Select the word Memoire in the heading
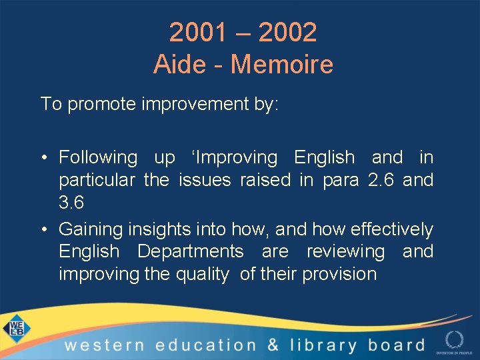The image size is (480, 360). [x=281, y=65]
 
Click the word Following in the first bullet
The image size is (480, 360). [x=98, y=158]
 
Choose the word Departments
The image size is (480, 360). [x=191, y=252]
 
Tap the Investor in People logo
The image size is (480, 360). [x=454, y=341]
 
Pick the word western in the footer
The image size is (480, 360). [x=104, y=345]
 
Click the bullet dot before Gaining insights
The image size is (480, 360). [x=44, y=230]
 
